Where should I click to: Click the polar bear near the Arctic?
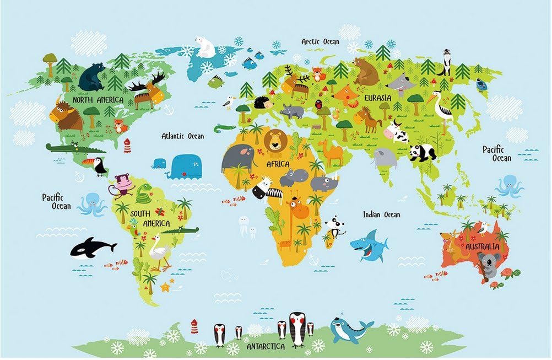pos(205,47)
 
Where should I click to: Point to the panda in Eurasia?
pos(423,152)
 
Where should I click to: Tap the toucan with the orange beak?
pos(99,165)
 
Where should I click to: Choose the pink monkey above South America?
pos(123,184)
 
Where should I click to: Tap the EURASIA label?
pos(377,98)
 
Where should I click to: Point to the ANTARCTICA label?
pos(266,347)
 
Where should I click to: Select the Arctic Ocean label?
pos(320,41)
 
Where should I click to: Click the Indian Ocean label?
pos(381,214)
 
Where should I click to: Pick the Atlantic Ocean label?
pos(182,136)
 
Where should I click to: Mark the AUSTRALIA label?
pos(483,246)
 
